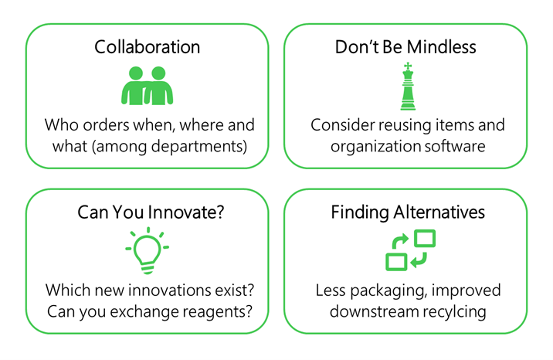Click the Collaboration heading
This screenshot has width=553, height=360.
[147, 47]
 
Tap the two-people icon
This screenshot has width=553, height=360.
[147, 85]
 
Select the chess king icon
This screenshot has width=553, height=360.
[406, 87]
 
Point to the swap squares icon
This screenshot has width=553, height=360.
[410, 250]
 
